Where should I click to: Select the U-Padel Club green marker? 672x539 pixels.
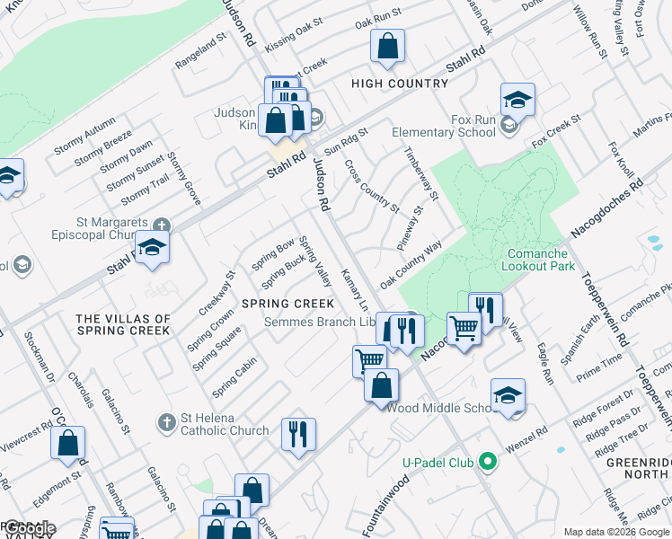pos(488,463)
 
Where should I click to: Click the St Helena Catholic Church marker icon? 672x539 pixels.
pos(166,421)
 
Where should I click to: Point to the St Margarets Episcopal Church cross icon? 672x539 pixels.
pos(161,225)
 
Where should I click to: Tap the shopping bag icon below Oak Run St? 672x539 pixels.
pos(387,48)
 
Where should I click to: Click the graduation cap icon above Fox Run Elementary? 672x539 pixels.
pos(517,100)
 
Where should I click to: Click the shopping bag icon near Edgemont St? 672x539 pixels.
pos(68,443)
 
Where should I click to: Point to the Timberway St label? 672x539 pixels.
pos(420,173)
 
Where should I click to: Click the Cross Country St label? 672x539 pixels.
pos(372,186)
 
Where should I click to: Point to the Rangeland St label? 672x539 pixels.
pos(199,54)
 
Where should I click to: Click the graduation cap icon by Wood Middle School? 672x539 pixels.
pos(508,396)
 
